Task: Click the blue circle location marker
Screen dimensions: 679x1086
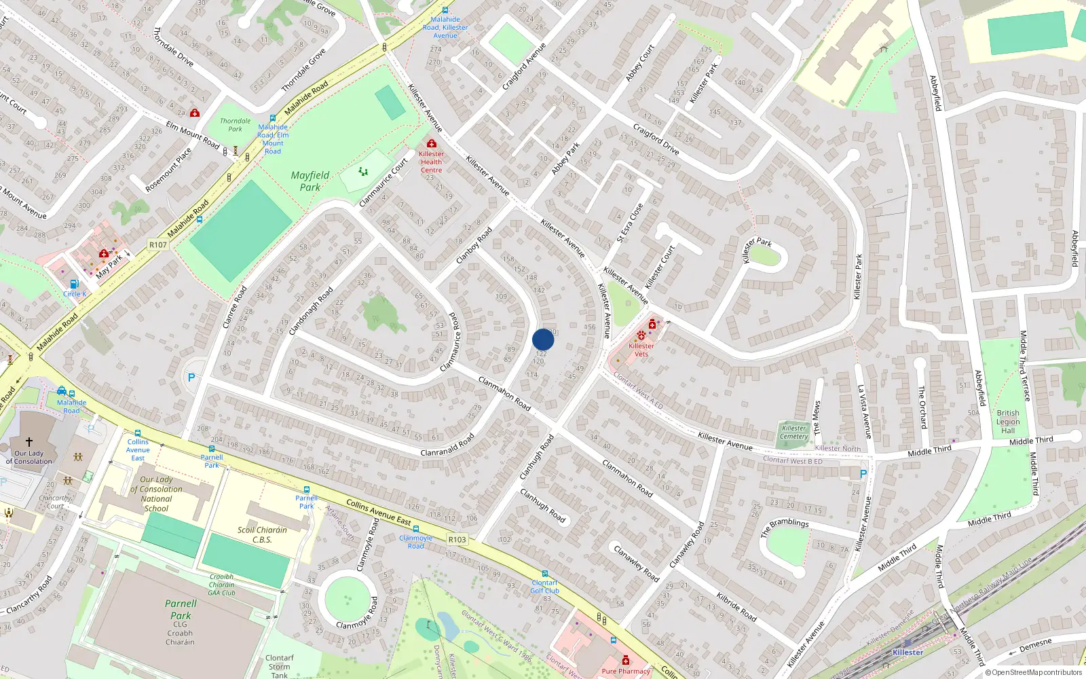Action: (543, 339)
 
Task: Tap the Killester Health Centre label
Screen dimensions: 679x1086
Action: (431, 162)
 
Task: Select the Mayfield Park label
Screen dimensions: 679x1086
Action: (310, 181)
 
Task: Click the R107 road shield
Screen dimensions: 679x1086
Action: (158, 244)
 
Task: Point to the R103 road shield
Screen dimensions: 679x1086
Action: (457, 539)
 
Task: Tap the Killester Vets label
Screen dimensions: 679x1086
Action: (641, 350)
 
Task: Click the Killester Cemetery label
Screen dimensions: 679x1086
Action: (793, 432)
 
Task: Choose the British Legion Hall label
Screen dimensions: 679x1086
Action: (1008, 421)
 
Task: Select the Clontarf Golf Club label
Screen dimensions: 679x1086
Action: (544, 587)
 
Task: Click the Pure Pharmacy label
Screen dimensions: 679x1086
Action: (625, 671)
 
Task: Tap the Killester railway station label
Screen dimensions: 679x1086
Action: (907, 652)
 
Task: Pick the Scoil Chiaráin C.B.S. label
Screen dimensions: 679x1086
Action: (262, 534)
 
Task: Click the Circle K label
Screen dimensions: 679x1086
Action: (75, 294)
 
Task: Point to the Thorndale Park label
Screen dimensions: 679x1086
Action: (235, 125)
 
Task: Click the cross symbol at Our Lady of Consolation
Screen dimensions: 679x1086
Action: (29, 441)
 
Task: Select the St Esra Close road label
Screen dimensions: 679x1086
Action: (629, 223)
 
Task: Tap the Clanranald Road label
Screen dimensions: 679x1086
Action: (447, 445)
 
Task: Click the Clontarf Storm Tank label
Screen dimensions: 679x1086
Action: (280, 666)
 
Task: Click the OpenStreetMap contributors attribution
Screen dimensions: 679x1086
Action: (1033, 672)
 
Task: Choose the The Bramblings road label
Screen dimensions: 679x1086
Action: (785, 528)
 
